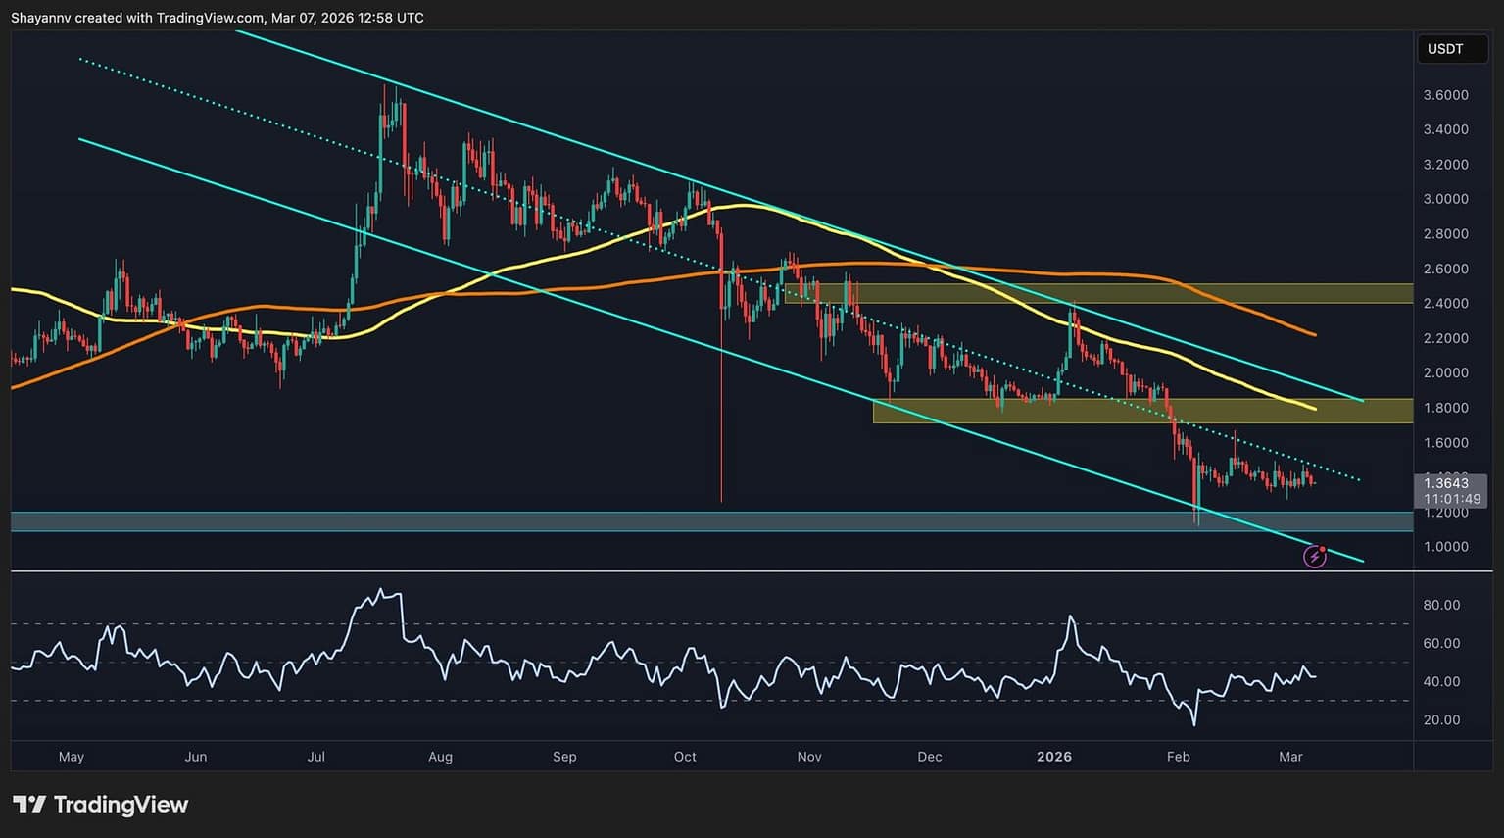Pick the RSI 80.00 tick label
click(x=1441, y=606)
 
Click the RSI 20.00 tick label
click(x=1441, y=720)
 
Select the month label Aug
click(x=440, y=757)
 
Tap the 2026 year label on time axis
click(x=1054, y=757)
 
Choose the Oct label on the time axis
click(x=685, y=757)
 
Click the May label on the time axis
click(x=72, y=757)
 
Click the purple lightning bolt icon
click(x=1314, y=558)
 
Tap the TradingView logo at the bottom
click(x=100, y=805)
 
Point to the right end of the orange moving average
click(x=1315, y=335)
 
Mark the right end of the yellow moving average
click(x=1315, y=408)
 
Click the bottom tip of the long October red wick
click(x=721, y=502)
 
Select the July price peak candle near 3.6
click(x=385, y=87)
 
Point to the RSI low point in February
click(x=1194, y=725)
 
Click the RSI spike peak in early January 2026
click(x=1070, y=616)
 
